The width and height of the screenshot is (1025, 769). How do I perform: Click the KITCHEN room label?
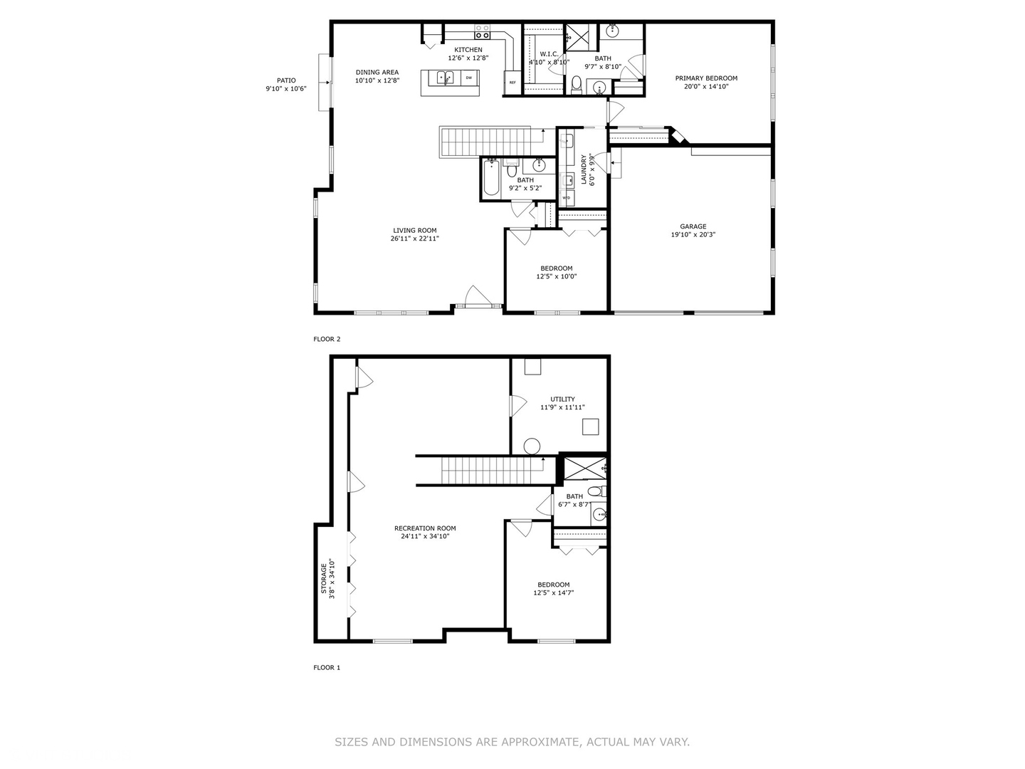pyautogui.click(x=468, y=50)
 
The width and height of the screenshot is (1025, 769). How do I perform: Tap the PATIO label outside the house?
pyautogui.click(x=285, y=80)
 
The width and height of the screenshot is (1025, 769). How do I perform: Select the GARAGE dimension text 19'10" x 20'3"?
pyautogui.click(x=693, y=234)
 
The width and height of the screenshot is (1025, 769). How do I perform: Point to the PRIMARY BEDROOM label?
pyautogui.click(x=706, y=78)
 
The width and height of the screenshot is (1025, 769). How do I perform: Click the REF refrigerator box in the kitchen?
pyautogui.click(x=512, y=82)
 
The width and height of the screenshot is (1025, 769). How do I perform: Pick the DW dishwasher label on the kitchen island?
pyautogui.click(x=468, y=78)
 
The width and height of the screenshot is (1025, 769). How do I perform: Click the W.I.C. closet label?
pyautogui.click(x=549, y=54)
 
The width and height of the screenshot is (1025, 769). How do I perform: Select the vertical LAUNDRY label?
pyautogui.click(x=584, y=169)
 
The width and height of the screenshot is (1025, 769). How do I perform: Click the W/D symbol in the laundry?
pyautogui.click(x=567, y=197)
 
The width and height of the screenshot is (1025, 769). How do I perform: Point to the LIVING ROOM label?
pyautogui.click(x=414, y=231)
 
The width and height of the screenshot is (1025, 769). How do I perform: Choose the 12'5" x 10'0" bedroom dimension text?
pyautogui.click(x=556, y=277)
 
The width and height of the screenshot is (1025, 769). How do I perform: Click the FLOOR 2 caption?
pyautogui.click(x=327, y=340)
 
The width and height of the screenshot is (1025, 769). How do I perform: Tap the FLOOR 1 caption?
pyautogui.click(x=327, y=668)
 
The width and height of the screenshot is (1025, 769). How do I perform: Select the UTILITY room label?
pyautogui.click(x=562, y=399)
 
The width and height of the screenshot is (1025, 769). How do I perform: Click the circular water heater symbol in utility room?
pyautogui.click(x=532, y=446)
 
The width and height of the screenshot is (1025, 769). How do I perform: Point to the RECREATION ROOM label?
pyautogui.click(x=425, y=528)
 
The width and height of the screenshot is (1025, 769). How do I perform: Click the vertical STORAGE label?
pyautogui.click(x=324, y=579)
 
